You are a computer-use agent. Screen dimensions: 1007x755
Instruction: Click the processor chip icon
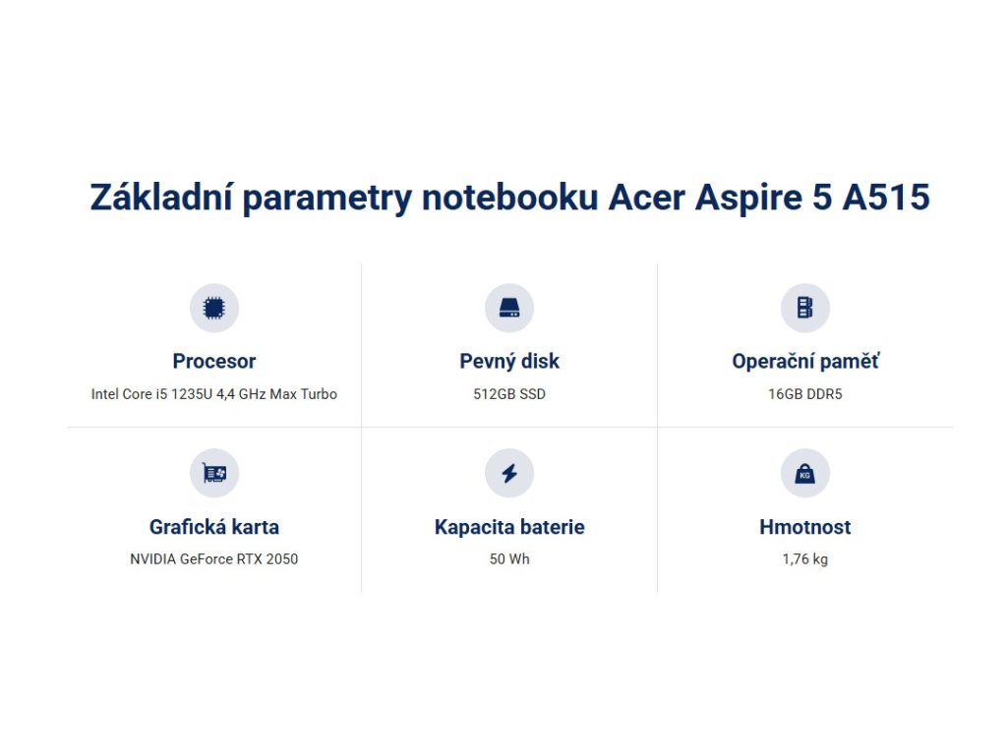pyautogui.click(x=213, y=308)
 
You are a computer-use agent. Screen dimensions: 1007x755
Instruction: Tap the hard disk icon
pyautogui.click(x=509, y=308)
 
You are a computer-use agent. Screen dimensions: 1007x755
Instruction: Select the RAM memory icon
pyautogui.click(x=804, y=308)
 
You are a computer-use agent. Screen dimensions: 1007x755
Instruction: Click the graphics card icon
pyautogui.click(x=213, y=473)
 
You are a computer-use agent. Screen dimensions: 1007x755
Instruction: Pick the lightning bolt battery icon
pyautogui.click(x=509, y=473)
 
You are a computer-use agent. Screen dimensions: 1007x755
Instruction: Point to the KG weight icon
pyautogui.click(x=804, y=473)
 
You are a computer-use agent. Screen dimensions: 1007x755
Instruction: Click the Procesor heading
pyautogui.click(x=213, y=362)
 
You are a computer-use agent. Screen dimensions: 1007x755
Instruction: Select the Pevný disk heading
pyautogui.click(x=509, y=362)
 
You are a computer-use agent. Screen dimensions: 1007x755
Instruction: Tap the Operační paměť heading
pyautogui.click(x=805, y=362)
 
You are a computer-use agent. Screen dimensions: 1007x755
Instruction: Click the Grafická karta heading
pyautogui.click(x=213, y=527)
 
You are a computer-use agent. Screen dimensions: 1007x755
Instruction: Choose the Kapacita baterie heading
pyautogui.click(x=509, y=527)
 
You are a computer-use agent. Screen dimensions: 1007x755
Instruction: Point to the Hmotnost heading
pyautogui.click(x=804, y=527)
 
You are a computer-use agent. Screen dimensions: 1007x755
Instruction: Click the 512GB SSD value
pyautogui.click(x=509, y=394)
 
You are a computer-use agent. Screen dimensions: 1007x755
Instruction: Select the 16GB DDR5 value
pyautogui.click(x=804, y=394)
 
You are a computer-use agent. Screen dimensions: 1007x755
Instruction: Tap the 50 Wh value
pyautogui.click(x=509, y=559)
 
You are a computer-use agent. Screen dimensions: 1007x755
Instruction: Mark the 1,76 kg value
pyautogui.click(x=804, y=559)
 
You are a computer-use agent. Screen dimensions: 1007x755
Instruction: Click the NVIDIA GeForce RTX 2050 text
pyautogui.click(x=213, y=559)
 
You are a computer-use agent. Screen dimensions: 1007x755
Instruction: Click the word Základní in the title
pyautogui.click(x=161, y=197)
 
